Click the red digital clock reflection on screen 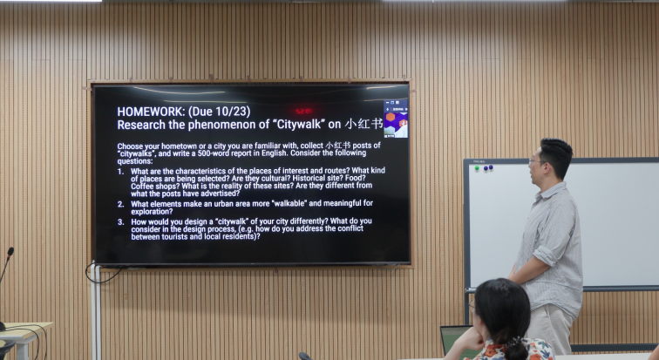click(303, 112)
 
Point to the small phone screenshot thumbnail click(396, 119)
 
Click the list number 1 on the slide click(120, 172)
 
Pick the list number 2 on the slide click(120, 204)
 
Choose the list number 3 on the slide click(120, 221)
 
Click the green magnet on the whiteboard click(477, 168)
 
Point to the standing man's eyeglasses click(535, 160)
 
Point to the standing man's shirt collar click(551, 190)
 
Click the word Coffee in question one click(142, 186)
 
